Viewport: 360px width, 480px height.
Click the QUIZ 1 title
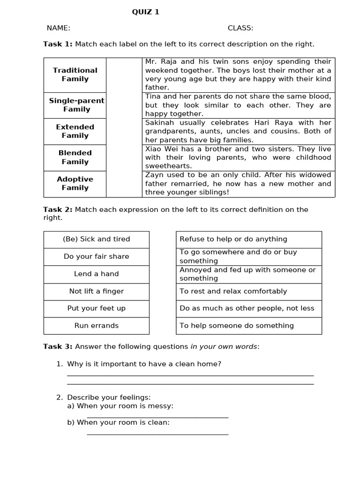coord(145,12)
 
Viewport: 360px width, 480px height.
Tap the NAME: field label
coord(59,28)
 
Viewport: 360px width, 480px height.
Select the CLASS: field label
coord(240,28)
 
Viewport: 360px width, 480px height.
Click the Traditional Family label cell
coord(75,75)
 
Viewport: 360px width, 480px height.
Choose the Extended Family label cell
coord(75,131)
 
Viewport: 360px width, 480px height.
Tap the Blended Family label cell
coord(75,157)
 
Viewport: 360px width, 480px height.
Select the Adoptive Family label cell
coord(75,183)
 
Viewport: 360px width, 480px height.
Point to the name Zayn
coord(154,175)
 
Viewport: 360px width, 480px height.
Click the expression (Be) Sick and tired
coord(97,239)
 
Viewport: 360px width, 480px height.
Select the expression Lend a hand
coord(97,274)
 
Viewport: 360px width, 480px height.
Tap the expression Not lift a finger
coord(97,291)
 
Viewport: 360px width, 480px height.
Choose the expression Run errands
coord(97,326)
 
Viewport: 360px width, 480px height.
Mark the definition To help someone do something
coord(237,326)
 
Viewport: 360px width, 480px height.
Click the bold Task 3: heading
coord(58,346)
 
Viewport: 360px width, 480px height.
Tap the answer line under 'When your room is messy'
coord(157,417)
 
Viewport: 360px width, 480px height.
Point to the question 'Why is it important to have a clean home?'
coord(144,364)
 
